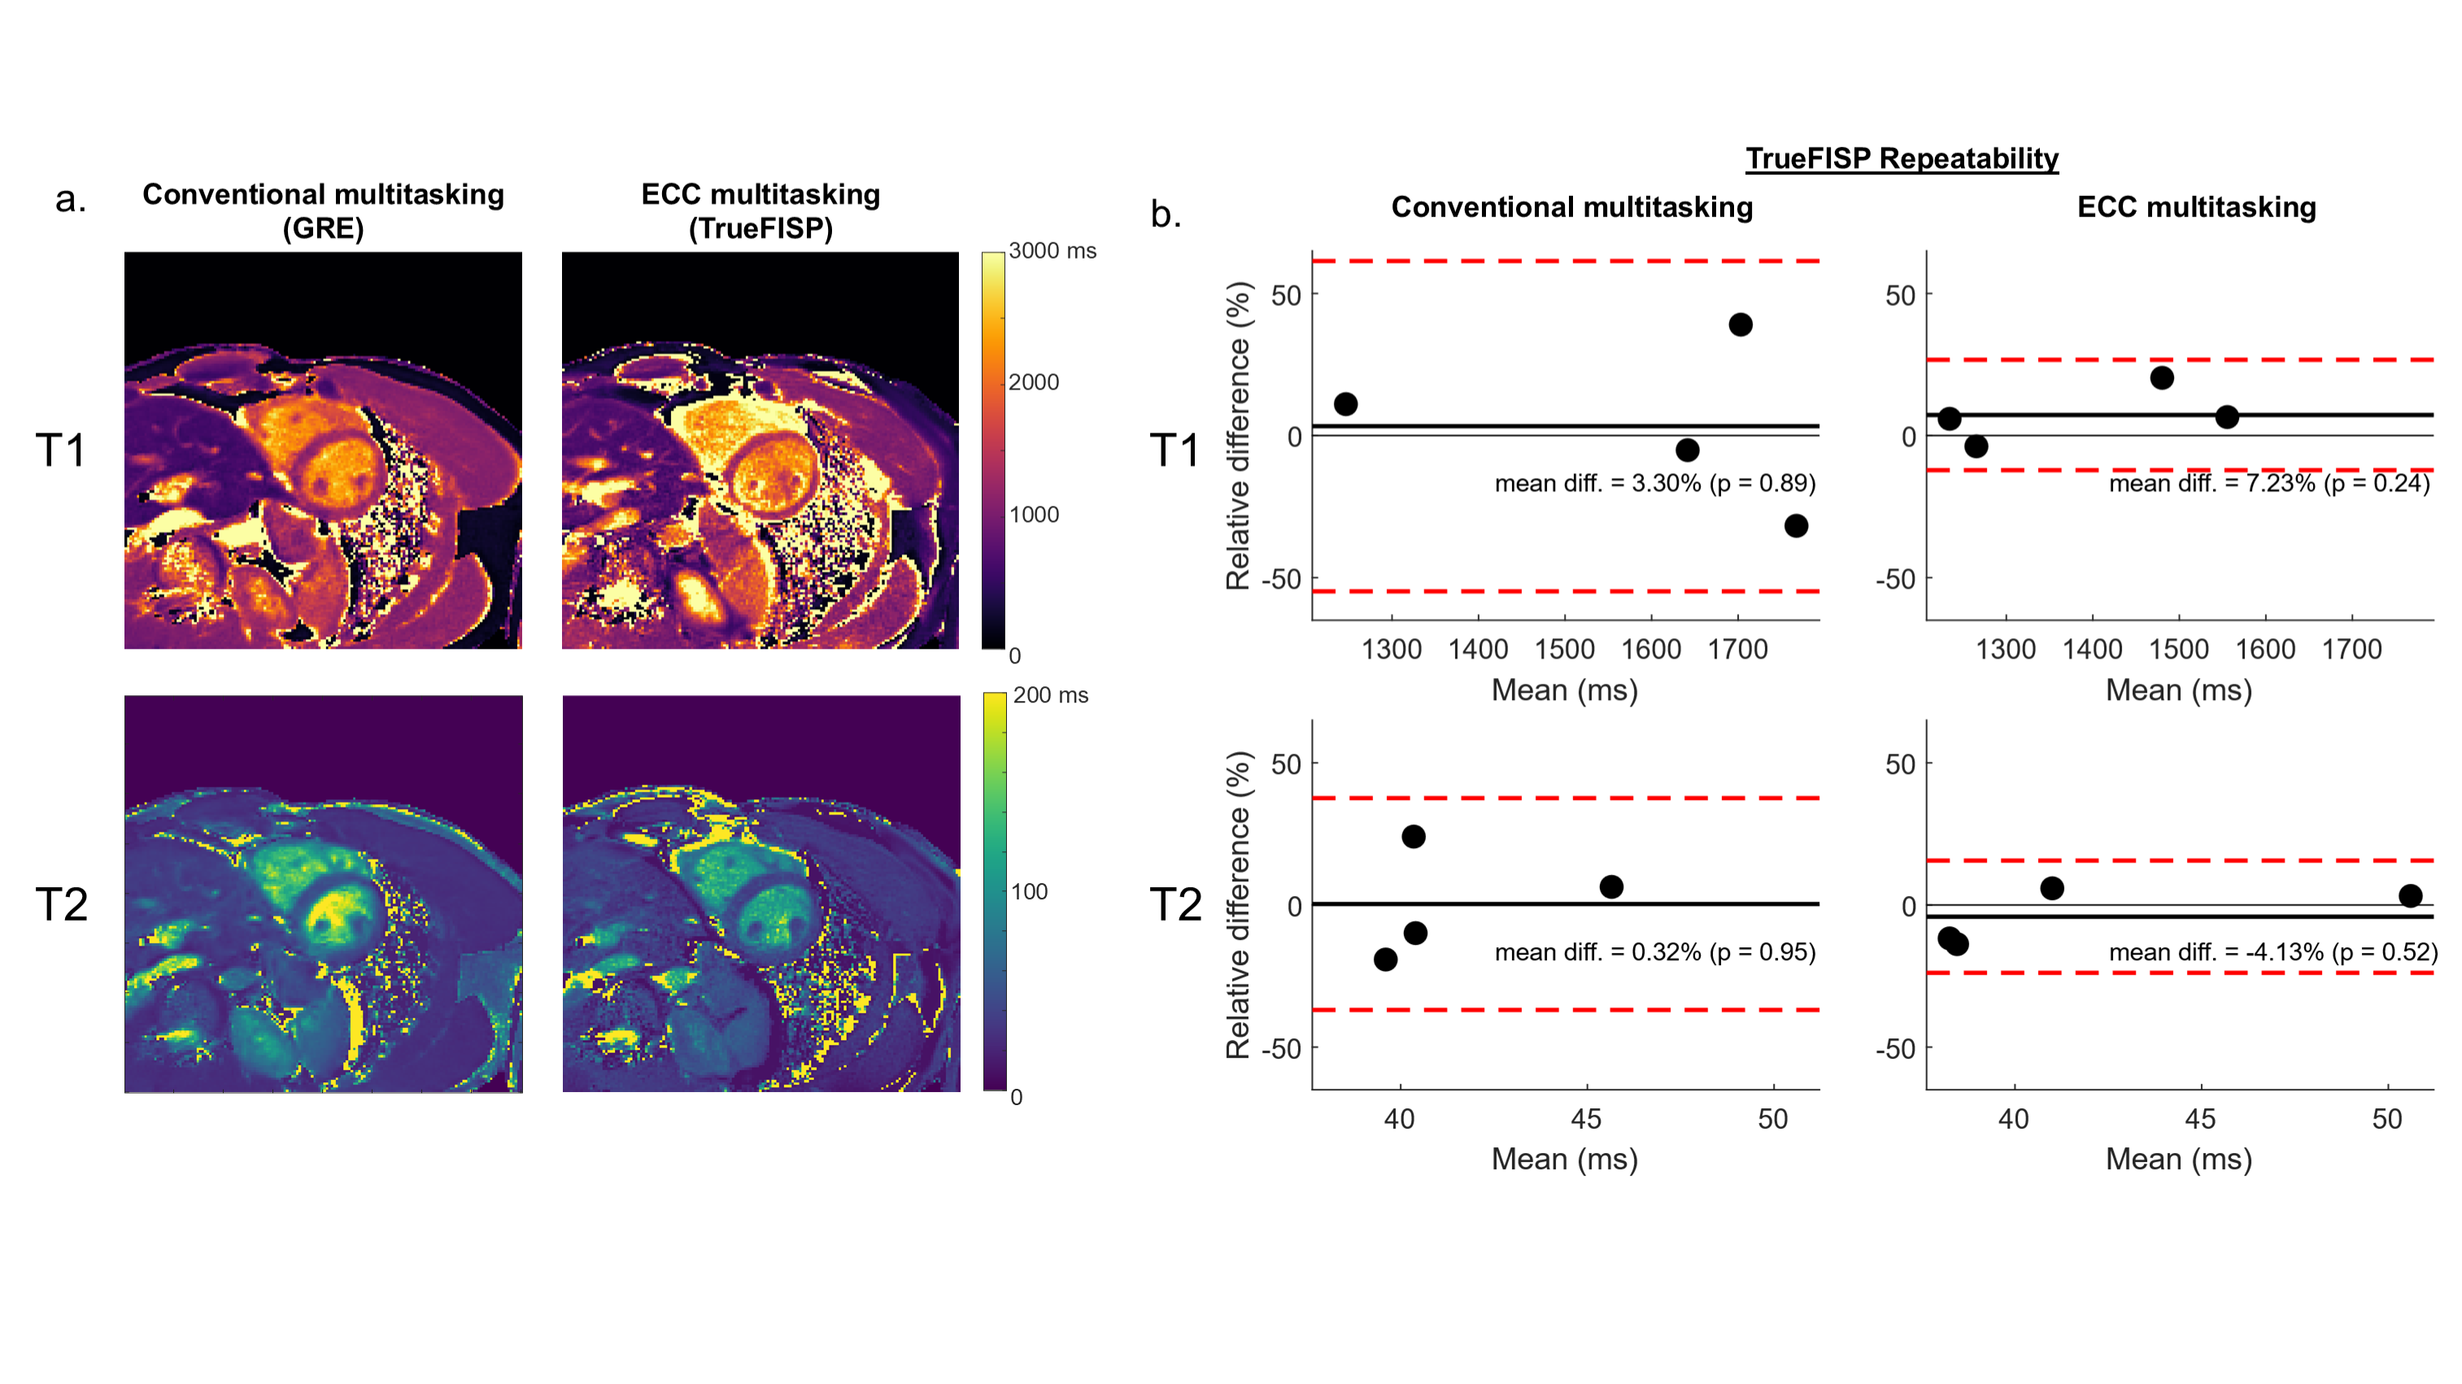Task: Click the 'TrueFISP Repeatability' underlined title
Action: point(1901,159)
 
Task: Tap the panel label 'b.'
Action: point(1165,214)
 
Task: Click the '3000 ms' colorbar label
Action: point(1052,251)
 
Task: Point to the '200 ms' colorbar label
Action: point(1050,696)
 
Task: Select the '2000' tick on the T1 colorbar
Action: point(1034,382)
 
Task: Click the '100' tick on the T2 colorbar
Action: point(1030,892)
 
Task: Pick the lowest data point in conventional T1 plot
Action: point(1796,525)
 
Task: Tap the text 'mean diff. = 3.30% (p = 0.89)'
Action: point(1654,484)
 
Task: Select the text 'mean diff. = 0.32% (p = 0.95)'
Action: point(1654,952)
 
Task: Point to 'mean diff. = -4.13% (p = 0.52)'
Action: point(2272,952)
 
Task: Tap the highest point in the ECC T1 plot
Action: point(2162,377)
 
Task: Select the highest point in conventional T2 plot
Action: point(1414,836)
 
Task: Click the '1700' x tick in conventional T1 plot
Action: point(1737,650)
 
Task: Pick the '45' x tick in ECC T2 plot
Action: point(2200,1119)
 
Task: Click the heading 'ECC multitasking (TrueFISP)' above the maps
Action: point(760,211)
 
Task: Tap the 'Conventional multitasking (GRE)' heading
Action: point(323,211)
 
